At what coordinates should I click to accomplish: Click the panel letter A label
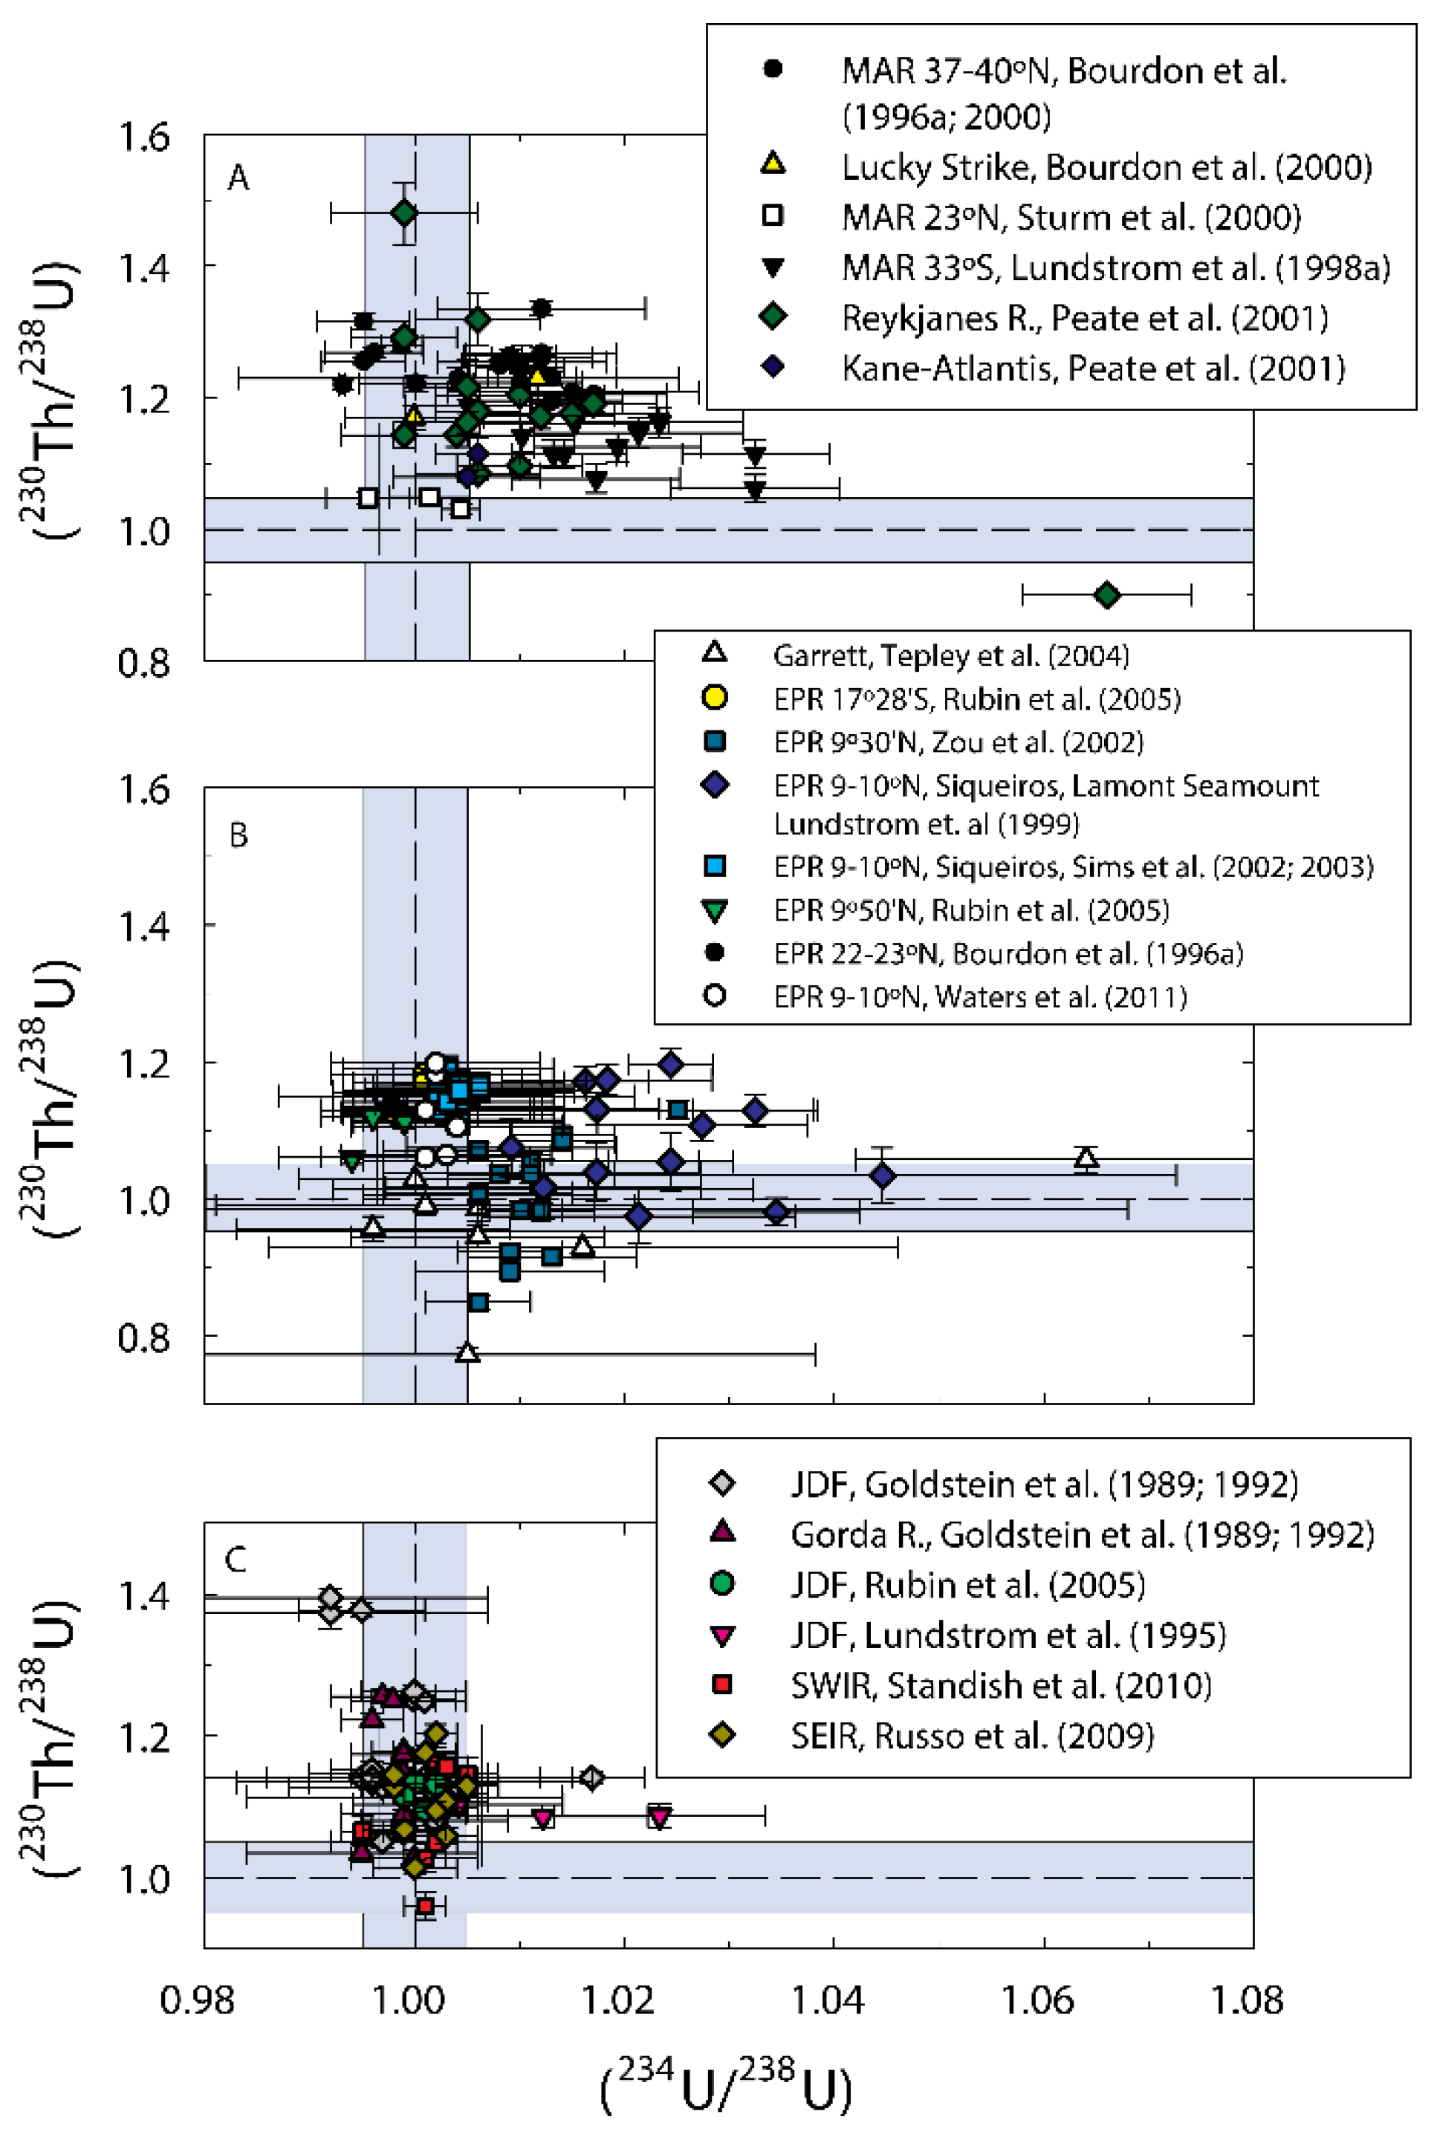(239, 177)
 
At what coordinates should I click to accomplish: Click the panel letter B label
(239, 835)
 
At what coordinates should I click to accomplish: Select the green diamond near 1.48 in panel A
(404, 213)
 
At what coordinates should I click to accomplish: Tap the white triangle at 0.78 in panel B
(468, 1352)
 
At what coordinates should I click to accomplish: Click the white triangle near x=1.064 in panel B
(1086, 1158)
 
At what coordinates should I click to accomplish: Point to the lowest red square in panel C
(424, 1905)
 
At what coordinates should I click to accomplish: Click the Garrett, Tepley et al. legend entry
(950, 655)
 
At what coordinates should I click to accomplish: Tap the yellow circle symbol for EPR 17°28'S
(714, 698)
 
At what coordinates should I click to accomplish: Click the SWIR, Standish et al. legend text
(1001, 1685)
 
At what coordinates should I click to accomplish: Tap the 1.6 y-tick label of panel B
(144, 788)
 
